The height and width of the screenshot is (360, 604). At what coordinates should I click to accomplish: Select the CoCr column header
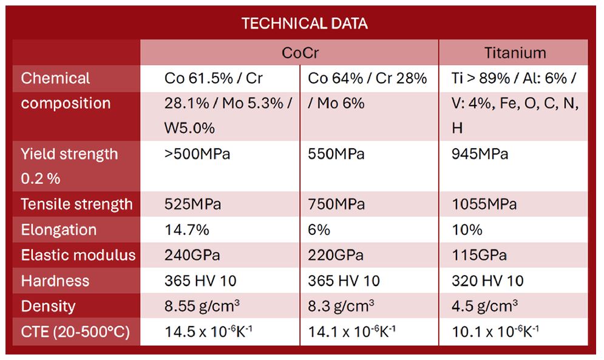pyautogui.click(x=300, y=53)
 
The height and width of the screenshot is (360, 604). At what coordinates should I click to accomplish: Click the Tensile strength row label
pyautogui.click(x=76, y=205)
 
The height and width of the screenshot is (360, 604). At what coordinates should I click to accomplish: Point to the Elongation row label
pyautogui.click(x=59, y=230)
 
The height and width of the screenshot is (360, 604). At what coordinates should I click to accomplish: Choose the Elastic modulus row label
pyautogui.click(x=78, y=255)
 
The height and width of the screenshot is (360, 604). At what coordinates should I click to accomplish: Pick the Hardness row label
pyautogui.click(x=55, y=281)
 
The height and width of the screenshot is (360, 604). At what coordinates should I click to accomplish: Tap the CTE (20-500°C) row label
pyautogui.click(x=75, y=332)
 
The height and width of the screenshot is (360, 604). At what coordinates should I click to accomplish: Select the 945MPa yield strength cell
pyautogui.click(x=480, y=154)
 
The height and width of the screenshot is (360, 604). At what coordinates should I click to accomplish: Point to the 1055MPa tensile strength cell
pyautogui.click(x=484, y=205)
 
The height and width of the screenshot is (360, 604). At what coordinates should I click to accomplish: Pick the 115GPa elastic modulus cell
pyautogui.click(x=480, y=255)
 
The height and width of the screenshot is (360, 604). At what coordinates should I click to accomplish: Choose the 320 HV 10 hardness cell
pyautogui.click(x=487, y=281)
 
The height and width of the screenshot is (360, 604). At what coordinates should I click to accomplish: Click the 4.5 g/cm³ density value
pyautogui.click(x=485, y=307)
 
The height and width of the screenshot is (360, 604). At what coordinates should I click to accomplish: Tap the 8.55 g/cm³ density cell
pyautogui.click(x=202, y=307)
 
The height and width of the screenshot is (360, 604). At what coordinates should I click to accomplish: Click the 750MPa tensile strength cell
pyautogui.click(x=336, y=205)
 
